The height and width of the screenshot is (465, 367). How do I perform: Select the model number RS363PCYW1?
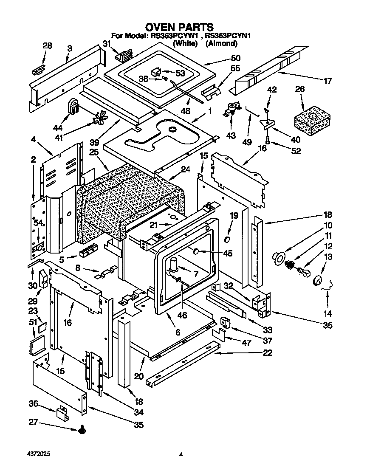[175, 36]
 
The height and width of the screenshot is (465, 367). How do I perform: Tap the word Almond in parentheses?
[221, 43]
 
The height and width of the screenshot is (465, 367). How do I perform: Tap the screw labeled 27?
[82, 431]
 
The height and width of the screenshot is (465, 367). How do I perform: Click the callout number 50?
[235, 58]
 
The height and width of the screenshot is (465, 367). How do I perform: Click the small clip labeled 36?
[62, 412]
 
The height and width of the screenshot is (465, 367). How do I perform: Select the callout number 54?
[39, 223]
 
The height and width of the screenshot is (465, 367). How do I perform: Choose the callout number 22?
[268, 352]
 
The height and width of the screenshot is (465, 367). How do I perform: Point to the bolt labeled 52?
[268, 139]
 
